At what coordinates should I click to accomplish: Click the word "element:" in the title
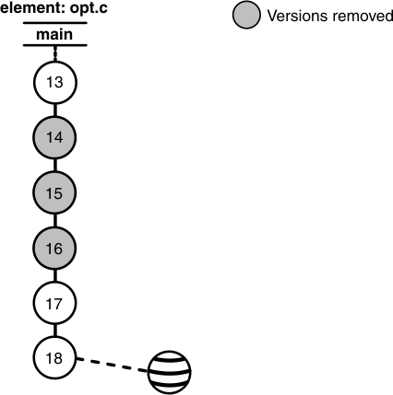(29, 9)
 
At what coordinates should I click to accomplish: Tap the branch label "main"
(54, 34)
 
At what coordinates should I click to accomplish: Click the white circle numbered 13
(54, 84)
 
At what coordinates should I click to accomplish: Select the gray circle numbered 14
(54, 138)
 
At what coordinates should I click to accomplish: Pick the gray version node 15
(54, 192)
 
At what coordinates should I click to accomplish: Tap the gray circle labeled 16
(54, 247)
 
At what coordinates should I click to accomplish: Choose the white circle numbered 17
(54, 301)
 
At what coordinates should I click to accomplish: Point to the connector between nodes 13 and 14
(54, 110)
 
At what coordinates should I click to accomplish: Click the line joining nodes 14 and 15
(54, 165)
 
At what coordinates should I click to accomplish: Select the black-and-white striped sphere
(172, 371)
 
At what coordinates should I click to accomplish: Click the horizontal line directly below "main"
(54, 45)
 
